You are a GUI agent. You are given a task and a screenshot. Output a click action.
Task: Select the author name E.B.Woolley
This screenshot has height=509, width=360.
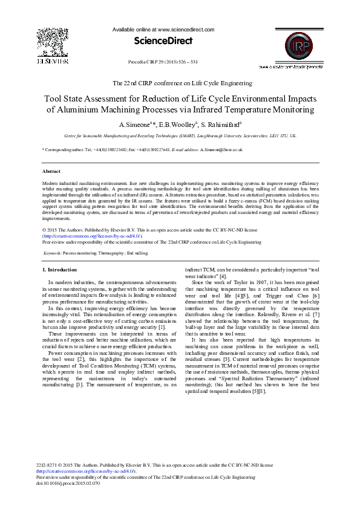[x=180, y=125]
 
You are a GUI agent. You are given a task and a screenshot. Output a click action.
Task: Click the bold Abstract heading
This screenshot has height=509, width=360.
[x=51, y=172]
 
